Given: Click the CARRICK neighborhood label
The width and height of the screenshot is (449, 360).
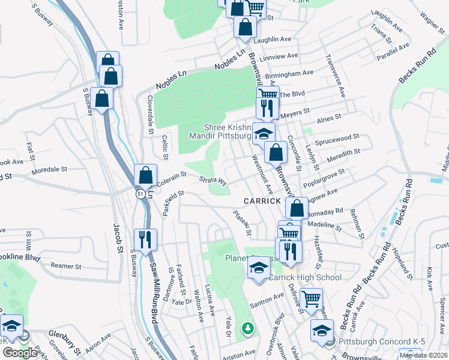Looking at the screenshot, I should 262,200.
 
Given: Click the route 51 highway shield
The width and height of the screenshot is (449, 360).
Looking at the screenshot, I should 140,194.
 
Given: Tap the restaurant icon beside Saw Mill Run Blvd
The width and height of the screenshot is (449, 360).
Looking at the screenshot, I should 145,240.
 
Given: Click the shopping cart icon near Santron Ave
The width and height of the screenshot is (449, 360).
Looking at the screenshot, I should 311,298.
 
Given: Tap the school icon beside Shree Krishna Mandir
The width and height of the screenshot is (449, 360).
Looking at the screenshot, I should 263,134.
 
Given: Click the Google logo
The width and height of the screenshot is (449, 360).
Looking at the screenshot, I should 20,353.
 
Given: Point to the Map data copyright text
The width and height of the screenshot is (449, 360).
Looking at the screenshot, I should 424,355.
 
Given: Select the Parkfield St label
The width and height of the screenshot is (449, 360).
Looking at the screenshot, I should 171,200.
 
